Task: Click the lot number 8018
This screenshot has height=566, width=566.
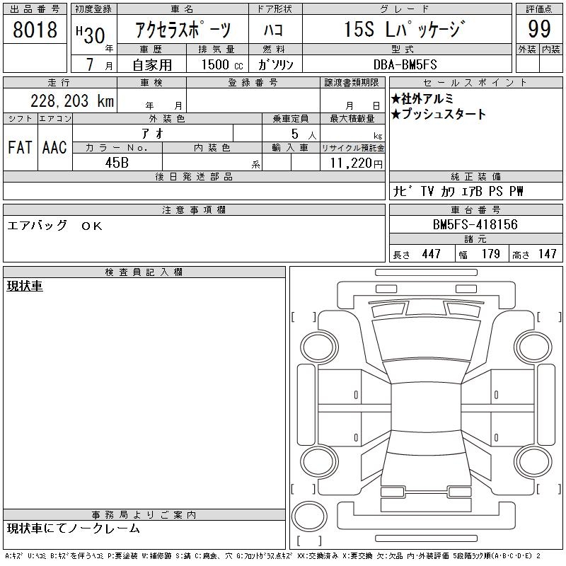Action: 35,29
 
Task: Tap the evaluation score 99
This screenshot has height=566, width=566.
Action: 539,29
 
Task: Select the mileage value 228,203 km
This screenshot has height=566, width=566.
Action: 72,100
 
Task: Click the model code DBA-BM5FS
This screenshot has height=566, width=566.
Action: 405,64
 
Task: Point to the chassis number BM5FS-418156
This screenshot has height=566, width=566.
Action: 475,224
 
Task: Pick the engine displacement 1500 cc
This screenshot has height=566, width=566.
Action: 222,64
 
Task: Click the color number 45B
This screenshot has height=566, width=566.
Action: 117,163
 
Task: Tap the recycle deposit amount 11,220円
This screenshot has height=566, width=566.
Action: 356,163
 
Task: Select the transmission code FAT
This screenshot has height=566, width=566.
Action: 20,147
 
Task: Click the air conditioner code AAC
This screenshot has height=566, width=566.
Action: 54,147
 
